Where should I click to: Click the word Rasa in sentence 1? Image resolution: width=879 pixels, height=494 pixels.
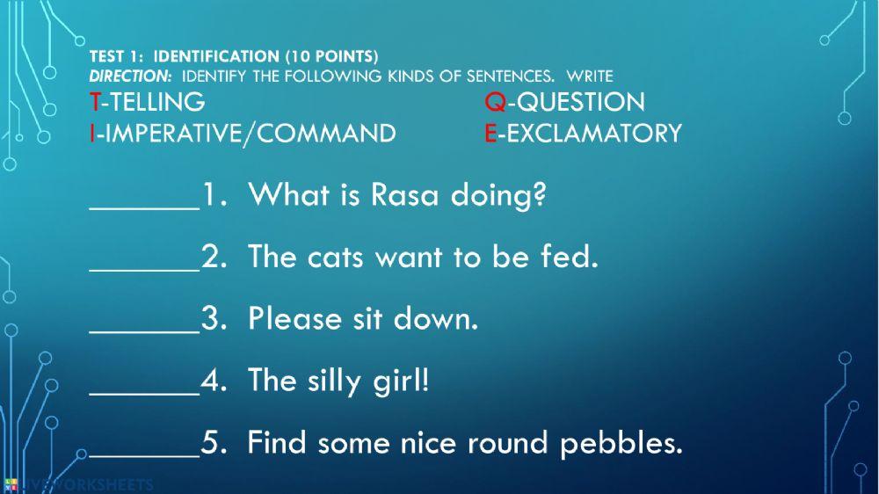(404, 194)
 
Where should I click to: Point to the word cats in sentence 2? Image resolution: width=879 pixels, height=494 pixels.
(338, 257)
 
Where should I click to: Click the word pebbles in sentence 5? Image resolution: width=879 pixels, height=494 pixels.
(621, 442)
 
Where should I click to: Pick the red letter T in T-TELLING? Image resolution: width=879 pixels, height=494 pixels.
(94, 102)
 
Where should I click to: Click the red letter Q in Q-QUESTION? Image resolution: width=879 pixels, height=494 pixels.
(495, 102)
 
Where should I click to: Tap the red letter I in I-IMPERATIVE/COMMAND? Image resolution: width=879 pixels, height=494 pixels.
(91, 134)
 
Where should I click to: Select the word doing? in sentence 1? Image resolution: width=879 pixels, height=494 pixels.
(498, 194)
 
